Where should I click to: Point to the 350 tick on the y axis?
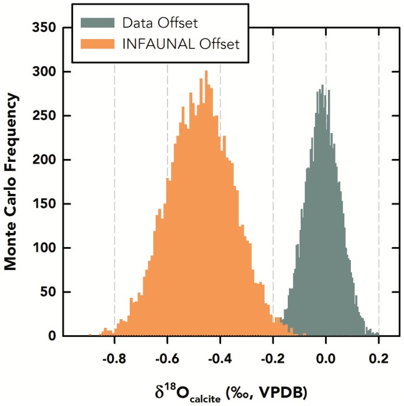pos(45,28)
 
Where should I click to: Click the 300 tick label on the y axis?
pos(45,72)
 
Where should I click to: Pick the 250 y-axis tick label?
pos(45,116)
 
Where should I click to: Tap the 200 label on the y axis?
pos(45,160)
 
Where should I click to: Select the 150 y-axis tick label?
pos(45,204)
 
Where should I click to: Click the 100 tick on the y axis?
pos(45,248)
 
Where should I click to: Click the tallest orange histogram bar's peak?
pos(206,72)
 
